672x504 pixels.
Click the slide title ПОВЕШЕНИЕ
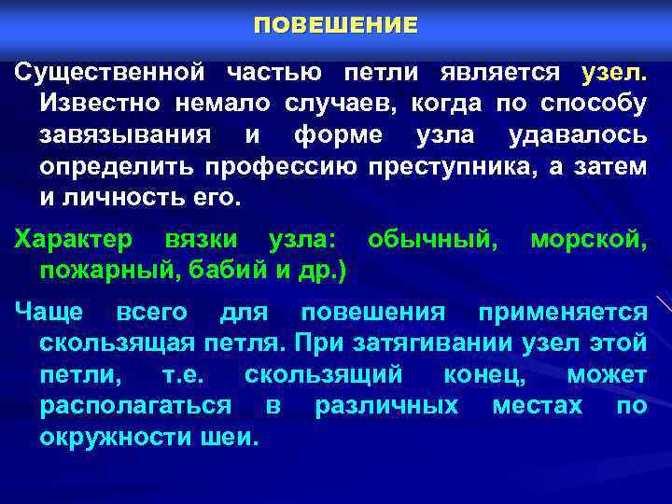[x=336, y=26]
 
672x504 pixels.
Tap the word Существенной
[x=109, y=72]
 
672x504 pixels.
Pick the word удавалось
[x=577, y=135]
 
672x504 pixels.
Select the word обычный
[x=432, y=240]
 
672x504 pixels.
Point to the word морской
[x=587, y=240]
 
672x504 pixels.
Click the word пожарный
[x=102, y=272]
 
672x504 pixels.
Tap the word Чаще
[x=49, y=311]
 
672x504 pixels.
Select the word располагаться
[x=135, y=406]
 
